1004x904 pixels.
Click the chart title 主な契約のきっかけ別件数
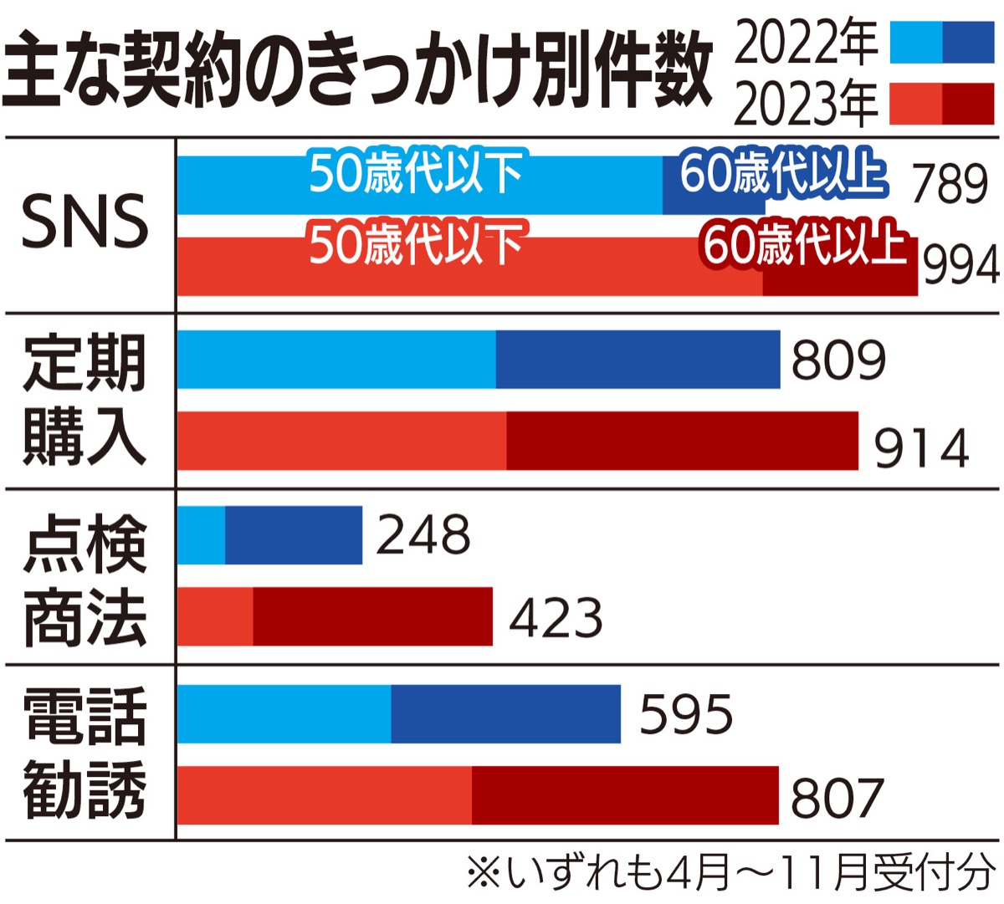(x=358, y=70)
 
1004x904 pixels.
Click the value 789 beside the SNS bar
(x=950, y=183)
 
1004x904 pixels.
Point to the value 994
(x=961, y=267)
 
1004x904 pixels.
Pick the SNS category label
(x=85, y=222)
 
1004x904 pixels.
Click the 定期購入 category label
(x=85, y=400)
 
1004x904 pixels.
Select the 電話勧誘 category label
(x=85, y=753)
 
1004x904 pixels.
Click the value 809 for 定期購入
(x=838, y=360)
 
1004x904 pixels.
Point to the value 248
(x=423, y=535)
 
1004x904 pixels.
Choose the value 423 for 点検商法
(x=556, y=618)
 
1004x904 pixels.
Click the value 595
(x=686, y=714)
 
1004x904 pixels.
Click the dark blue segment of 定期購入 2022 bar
(x=638, y=360)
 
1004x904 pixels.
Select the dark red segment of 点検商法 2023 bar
(x=372, y=617)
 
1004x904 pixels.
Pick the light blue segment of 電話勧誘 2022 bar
(x=284, y=713)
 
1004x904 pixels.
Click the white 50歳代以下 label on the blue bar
(x=416, y=173)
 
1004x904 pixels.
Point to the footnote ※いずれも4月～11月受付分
(x=730, y=874)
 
